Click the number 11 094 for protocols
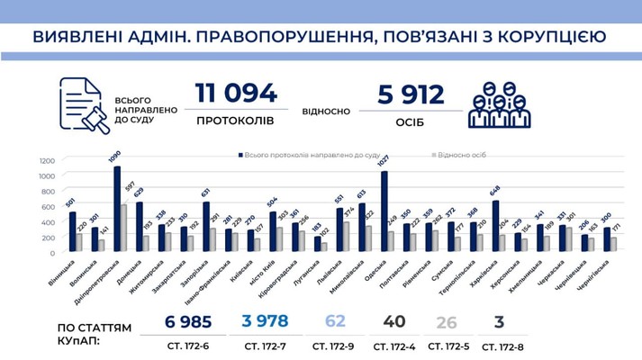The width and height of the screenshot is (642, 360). point(237,94)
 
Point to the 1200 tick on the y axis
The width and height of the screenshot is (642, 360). point(47,161)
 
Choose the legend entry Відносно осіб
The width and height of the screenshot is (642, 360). point(460,154)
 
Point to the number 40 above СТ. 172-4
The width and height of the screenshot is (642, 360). point(393,322)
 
